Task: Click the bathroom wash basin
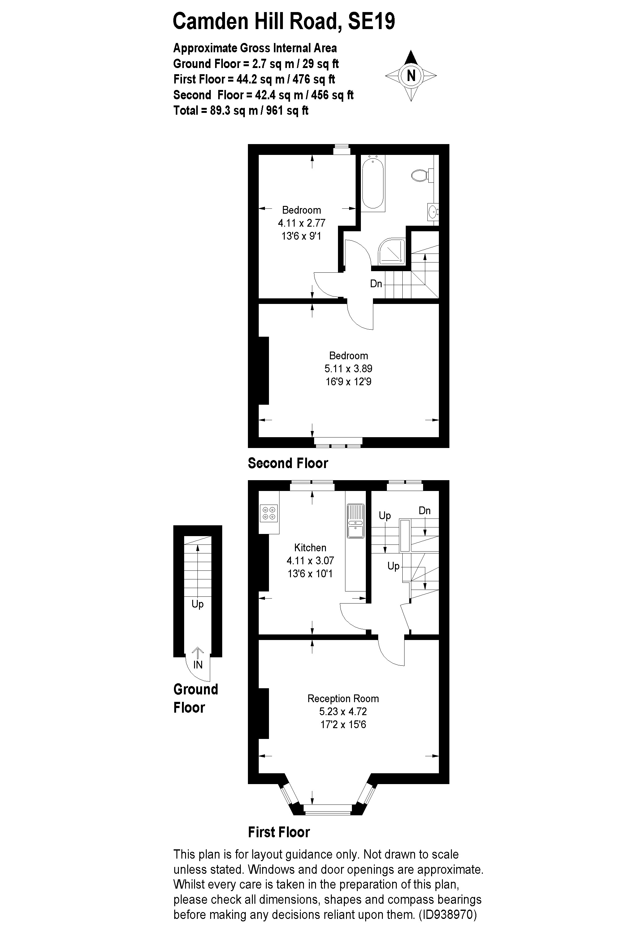(433, 212)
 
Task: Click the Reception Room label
(343, 698)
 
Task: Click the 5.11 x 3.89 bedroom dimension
(348, 369)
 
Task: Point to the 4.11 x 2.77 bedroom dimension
(301, 223)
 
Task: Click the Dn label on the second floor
(376, 284)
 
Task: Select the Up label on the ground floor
(197, 604)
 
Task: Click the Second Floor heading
(288, 463)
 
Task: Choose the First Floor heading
(279, 832)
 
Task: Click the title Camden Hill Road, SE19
(284, 21)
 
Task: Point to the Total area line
(241, 110)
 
